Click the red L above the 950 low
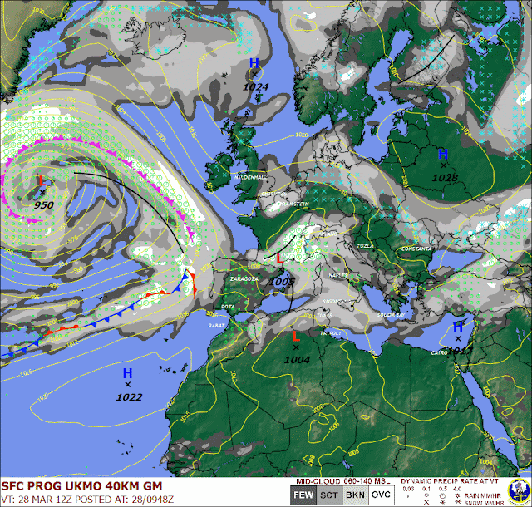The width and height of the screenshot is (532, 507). (42, 180)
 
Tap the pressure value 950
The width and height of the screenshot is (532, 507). (43, 204)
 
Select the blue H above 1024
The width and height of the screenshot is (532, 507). (254, 63)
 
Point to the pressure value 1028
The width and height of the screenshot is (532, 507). (446, 178)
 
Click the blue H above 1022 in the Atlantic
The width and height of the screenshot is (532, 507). (127, 373)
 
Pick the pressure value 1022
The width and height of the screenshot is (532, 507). (129, 397)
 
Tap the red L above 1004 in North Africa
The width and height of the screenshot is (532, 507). (296, 336)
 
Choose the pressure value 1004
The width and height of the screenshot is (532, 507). (297, 359)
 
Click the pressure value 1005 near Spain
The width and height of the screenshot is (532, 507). (283, 282)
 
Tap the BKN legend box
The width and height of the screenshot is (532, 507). (356, 495)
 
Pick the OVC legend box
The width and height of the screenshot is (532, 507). (381, 495)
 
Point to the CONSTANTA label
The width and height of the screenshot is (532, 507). (416, 249)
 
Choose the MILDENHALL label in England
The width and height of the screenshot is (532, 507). (249, 177)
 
